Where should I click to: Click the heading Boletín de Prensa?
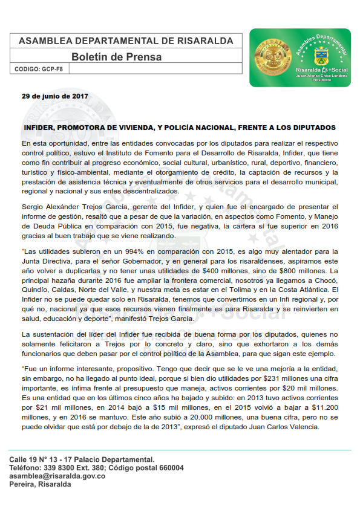tap(116, 57)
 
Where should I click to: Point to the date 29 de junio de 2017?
tap(55, 96)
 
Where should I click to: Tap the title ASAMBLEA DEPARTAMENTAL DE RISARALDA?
tap(126, 41)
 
